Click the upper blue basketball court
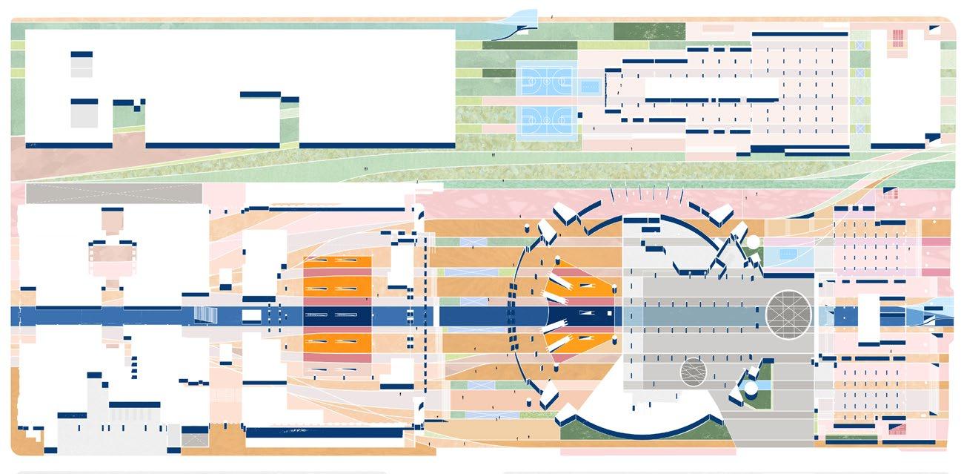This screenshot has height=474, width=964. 546,78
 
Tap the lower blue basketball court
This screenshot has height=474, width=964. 546,119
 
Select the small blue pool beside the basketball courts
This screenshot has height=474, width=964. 589,86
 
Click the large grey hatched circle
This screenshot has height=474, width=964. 788,311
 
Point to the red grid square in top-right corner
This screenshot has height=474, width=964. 898,38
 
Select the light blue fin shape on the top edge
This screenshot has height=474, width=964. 522,19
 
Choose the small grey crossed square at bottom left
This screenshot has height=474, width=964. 195,441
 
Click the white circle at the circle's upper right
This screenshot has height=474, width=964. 753,242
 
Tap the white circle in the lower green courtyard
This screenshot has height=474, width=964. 751,388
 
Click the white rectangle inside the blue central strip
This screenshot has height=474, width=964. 251,315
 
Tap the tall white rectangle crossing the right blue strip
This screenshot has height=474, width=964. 868,318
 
